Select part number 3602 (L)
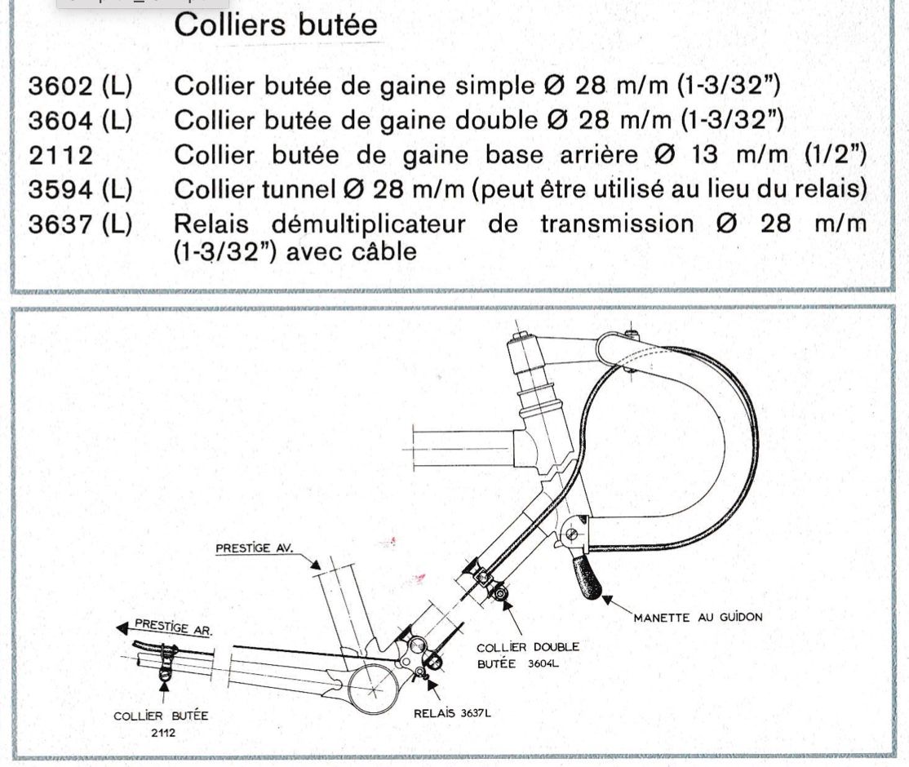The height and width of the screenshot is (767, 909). coord(80,86)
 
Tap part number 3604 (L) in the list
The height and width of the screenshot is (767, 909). coord(80,121)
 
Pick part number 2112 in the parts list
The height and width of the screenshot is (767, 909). coord(61,155)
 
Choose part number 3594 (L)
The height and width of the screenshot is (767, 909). coord(80,189)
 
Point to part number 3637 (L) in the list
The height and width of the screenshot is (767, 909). coord(80,224)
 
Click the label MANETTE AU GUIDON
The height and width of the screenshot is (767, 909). coord(698,617)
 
